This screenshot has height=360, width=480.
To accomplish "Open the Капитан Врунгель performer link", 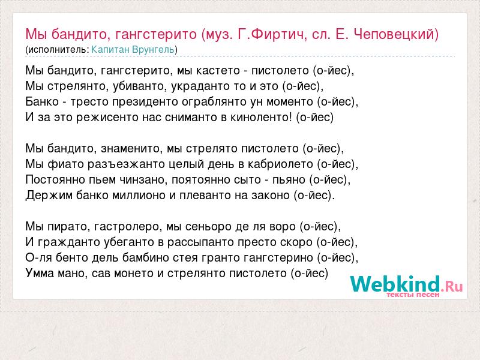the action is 133,50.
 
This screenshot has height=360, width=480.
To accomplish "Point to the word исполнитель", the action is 58,50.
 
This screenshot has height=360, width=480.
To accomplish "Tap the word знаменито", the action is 131,149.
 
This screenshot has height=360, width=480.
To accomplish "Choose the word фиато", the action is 66,164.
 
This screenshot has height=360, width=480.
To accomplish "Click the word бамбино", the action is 145,258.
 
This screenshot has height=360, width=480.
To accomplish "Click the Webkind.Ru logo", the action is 406,284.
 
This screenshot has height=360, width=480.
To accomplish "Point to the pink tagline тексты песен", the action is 413,295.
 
